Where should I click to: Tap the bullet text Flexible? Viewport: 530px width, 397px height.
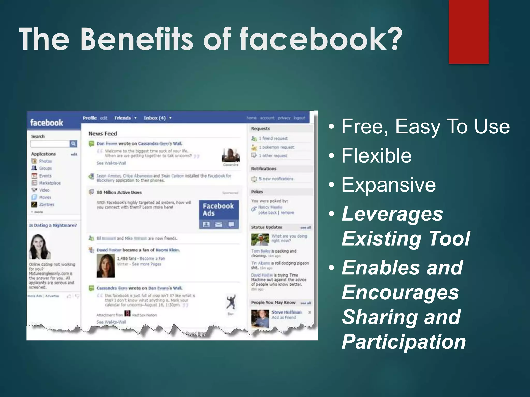(x=377, y=156)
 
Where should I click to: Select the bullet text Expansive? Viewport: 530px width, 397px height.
(x=388, y=185)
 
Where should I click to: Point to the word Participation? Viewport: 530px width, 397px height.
(x=404, y=342)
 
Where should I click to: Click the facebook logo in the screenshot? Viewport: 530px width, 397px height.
(x=47, y=123)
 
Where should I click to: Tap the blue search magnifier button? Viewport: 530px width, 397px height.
(x=73, y=143)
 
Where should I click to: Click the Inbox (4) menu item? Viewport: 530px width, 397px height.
(x=155, y=118)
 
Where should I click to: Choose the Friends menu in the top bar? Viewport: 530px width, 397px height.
(x=123, y=118)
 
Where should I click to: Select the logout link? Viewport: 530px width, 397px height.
(x=299, y=118)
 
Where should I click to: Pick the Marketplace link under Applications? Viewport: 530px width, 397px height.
(x=50, y=183)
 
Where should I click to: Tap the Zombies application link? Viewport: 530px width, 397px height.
(x=47, y=204)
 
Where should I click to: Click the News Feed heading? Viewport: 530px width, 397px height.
(x=103, y=134)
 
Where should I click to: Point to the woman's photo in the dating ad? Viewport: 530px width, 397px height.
(x=40, y=247)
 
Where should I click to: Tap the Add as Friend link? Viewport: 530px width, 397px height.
(x=283, y=317)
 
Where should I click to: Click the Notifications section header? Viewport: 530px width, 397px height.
(x=264, y=169)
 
